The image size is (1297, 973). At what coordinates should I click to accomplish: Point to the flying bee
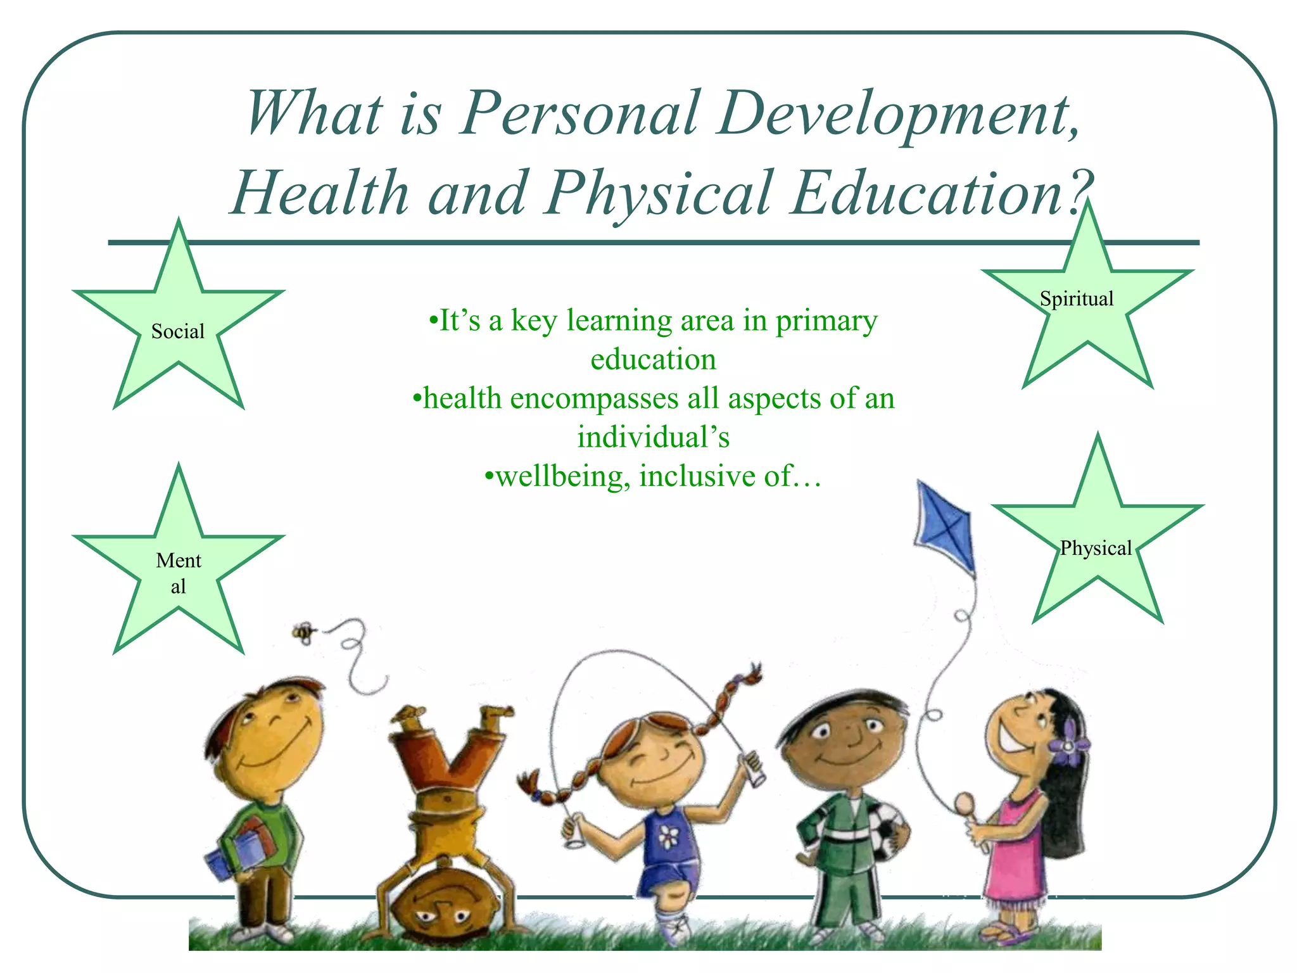(304, 632)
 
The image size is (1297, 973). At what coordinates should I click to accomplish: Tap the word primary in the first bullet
(826, 321)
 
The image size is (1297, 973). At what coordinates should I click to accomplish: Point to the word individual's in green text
(653, 438)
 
